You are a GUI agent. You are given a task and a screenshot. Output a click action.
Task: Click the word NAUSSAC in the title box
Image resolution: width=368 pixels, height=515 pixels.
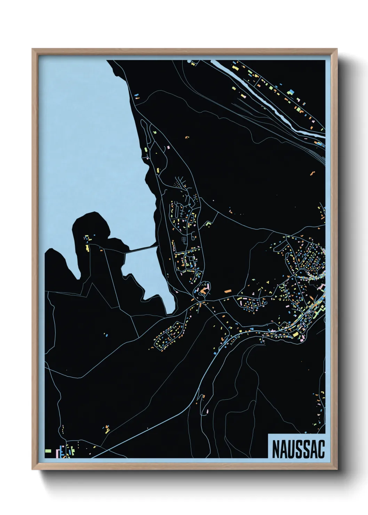298,449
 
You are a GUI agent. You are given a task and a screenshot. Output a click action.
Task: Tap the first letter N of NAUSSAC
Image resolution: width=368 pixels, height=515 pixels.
275,449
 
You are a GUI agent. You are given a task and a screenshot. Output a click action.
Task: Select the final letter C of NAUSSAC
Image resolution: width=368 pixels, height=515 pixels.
321,449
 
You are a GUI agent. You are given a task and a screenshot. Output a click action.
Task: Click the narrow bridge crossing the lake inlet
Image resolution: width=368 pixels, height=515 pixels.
141,249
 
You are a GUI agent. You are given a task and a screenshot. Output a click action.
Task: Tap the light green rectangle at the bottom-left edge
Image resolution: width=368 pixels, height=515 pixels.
48,451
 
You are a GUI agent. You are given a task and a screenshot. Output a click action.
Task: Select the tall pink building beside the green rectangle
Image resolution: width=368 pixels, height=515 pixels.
58,453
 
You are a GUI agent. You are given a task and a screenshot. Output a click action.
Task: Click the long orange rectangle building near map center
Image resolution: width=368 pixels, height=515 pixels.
228,290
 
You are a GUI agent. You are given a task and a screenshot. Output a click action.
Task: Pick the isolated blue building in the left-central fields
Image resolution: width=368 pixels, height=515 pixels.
106,335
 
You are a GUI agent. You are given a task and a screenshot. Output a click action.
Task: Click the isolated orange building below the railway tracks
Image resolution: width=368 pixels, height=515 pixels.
312,173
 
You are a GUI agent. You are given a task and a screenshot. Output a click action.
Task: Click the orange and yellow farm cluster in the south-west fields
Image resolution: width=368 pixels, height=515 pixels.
106,428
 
